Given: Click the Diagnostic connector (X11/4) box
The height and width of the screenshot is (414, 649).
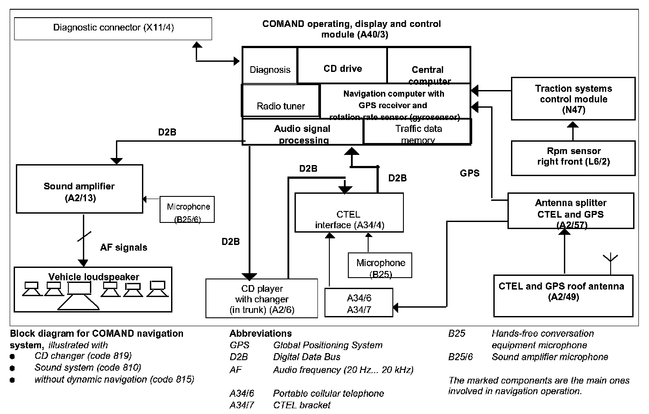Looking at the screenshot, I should (x=113, y=28).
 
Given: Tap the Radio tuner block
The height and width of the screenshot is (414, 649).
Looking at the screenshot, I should (x=280, y=101).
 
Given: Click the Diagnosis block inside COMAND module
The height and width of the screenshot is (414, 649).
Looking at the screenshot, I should (x=270, y=66).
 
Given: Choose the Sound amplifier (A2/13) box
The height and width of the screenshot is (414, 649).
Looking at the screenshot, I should (x=79, y=188).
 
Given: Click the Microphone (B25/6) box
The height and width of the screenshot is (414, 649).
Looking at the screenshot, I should (x=188, y=210).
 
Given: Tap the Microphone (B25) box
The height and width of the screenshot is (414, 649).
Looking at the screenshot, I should (x=380, y=265).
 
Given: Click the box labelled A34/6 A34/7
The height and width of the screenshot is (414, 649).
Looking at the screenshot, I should (x=358, y=303).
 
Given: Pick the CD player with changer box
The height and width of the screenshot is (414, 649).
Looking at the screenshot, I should (x=261, y=298).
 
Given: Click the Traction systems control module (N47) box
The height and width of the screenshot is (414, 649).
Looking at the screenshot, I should (x=573, y=99).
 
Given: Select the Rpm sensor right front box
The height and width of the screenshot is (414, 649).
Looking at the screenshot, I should (x=573, y=158).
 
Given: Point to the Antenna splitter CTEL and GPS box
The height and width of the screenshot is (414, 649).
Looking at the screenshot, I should (x=571, y=211).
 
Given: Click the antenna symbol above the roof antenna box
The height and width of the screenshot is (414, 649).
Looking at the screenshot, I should (x=611, y=260).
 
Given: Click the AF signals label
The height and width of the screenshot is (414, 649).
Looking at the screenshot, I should (x=123, y=248).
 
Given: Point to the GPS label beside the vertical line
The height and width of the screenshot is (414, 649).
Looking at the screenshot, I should (x=470, y=173).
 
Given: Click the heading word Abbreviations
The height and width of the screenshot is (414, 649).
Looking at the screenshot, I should (x=261, y=333).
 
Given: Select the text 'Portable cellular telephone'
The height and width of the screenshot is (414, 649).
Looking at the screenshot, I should (x=328, y=393).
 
